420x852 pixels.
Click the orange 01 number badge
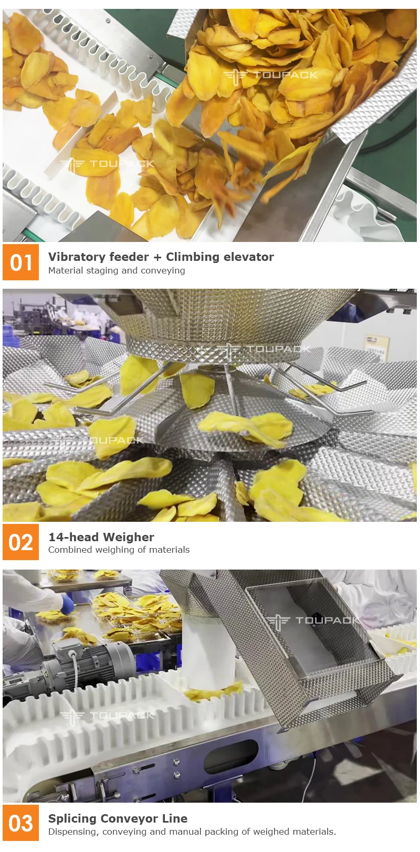pos(21,262)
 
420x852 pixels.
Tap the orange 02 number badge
pos(21,542)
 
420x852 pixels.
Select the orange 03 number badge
pos(21,823)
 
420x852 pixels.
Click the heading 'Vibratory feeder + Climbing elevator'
pos(161,257)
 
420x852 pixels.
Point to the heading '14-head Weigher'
pos(101,537)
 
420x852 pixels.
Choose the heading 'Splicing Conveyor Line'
pos(118,818)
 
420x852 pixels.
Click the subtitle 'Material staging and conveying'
pos(117,270)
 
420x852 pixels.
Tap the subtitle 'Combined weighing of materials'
pos(119,550)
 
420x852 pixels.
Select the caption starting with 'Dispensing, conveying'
pos(192,832)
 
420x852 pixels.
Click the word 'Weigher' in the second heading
pos(129,537)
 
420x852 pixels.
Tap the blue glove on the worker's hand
pos(67,604)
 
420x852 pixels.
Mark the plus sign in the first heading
pos(157,257)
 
